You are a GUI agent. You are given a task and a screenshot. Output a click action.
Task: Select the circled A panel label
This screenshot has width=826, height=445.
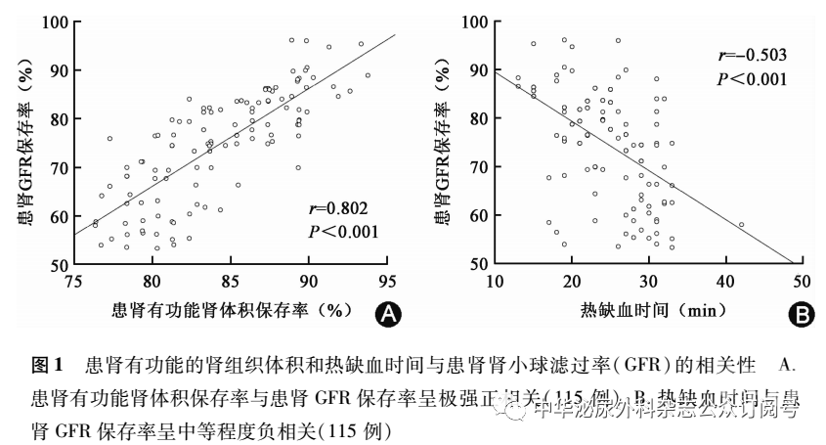pyautogui.click(x=388, y=314)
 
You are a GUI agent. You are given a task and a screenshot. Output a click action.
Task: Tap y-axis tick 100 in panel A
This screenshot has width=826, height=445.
pyautogui.click(x=54, y=22)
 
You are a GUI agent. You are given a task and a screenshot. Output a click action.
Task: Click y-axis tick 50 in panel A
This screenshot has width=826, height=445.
pyautogui.click(x=58, y=265)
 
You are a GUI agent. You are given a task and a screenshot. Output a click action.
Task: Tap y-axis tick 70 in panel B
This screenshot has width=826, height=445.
pyautogui.click(x=476, y=167)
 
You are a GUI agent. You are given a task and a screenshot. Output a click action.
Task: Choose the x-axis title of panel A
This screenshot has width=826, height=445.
pyautogui.click(x=231, y=312)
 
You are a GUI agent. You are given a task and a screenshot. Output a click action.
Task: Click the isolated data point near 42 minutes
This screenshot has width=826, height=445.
pyautogui.click(x=741, y=225)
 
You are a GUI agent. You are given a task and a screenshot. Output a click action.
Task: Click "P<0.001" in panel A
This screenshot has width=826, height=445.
pyautogui.click(x=340, y=232)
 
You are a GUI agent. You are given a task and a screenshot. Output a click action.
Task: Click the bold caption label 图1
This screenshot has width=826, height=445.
pyautogui.click(x=47, y=367)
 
